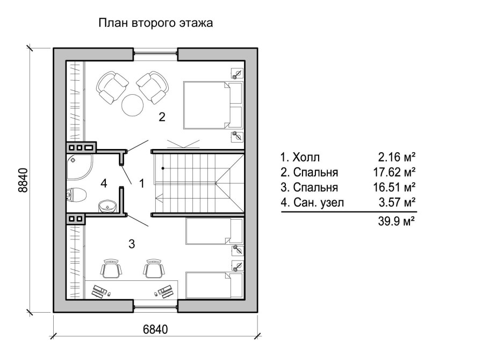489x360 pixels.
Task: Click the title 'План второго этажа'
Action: point(155,23)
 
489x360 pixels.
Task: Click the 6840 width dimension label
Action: point(156,330)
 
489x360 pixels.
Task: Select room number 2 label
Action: point(161,117)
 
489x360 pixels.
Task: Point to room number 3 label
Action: point(131,244)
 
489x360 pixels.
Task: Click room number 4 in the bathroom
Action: point(104,183)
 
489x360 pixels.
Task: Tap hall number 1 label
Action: point(142,183)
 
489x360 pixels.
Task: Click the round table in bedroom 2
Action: point(132,105)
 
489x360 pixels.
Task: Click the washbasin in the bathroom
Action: point(107,205)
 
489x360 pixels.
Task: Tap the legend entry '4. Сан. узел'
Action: point(311,203)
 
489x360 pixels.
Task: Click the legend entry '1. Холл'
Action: point(299,158)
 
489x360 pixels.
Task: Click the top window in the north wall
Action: point(155,52)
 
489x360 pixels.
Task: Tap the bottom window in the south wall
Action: point(155,307)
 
